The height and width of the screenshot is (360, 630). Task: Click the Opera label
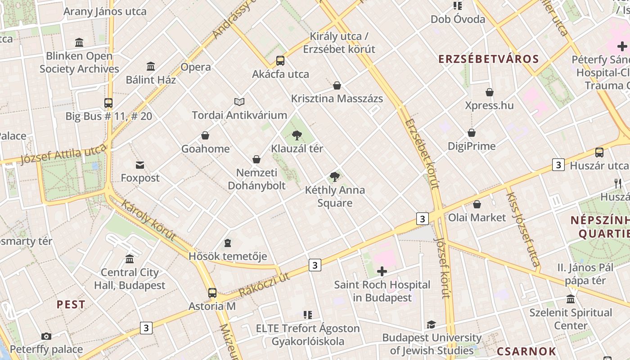196,67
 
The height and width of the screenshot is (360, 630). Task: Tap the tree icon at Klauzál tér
297,135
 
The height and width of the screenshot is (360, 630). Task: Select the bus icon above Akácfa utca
280,60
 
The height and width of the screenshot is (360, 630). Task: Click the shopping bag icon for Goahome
205,135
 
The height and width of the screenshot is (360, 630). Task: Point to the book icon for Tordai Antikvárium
239,102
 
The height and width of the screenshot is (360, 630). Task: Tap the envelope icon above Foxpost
140,165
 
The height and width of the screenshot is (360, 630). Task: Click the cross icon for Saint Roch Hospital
382,271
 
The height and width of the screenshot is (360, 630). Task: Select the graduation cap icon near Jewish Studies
431,324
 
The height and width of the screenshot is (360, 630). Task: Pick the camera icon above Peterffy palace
46,336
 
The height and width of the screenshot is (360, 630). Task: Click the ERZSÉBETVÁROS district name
488,59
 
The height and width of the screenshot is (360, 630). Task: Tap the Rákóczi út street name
264,284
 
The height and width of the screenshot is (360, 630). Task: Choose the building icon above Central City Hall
130,259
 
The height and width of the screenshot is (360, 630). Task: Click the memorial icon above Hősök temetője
228,243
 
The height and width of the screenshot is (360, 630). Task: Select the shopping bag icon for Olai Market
477,204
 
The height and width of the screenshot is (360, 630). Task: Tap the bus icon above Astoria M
212,293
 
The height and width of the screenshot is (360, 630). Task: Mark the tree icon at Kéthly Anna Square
334,177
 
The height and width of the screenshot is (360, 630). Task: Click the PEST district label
71,305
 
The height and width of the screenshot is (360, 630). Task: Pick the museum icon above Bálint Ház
151,67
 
